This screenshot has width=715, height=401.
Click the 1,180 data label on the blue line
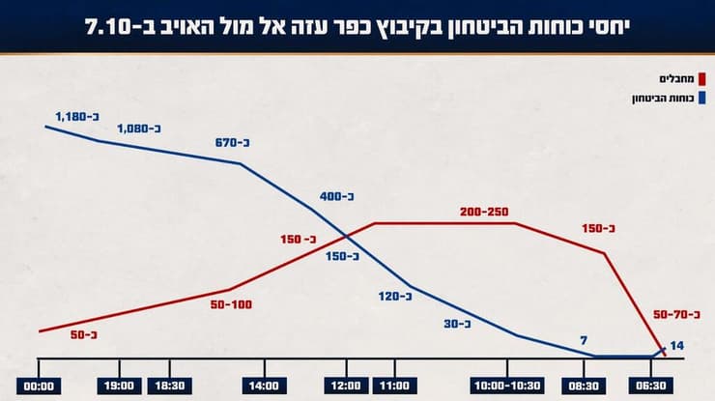tap(77, 116)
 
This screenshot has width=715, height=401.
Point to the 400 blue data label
tap(338, 196)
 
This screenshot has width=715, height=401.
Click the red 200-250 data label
tap(484, 212)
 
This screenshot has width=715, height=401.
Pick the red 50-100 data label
tap(231, 304)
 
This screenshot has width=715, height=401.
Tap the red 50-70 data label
tap(677, 315)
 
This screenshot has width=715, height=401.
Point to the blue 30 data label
tap(457, 325)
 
